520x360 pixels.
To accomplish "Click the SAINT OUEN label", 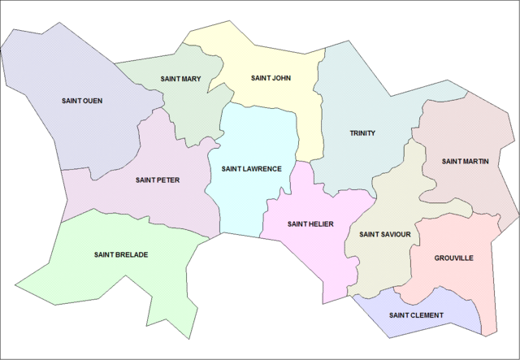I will point(82,101).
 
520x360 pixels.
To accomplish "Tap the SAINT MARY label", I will point(180,79).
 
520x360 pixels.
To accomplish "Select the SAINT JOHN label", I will point(271,79).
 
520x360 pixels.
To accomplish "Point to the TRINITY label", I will point(362,132).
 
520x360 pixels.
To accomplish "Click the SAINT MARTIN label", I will point(465,161).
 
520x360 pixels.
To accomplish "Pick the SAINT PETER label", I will point(158,180).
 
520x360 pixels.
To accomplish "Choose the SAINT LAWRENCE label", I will point(251,169).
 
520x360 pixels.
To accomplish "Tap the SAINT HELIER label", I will point(310,223).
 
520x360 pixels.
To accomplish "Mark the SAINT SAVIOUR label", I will point(384,235).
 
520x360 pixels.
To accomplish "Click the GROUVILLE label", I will point(453,258).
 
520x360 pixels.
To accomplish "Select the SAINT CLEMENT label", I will point(416,315).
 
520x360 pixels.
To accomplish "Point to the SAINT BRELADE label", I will point(120,254).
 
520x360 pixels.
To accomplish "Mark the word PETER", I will point(168,180).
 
